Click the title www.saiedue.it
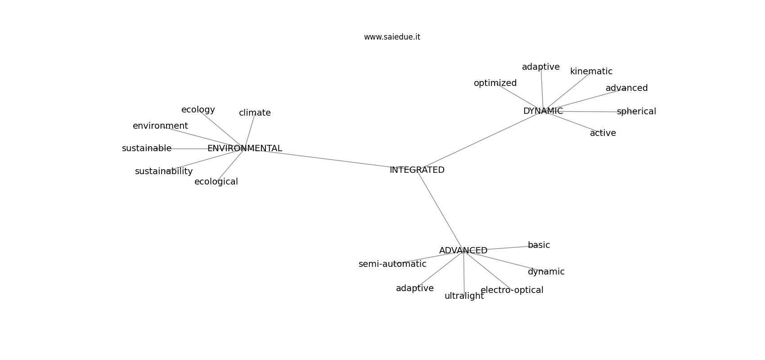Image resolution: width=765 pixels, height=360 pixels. tap(392, 37)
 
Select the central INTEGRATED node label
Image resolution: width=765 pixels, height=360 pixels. tap(417, 170)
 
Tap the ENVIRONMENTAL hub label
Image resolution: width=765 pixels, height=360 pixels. tap(245, 148)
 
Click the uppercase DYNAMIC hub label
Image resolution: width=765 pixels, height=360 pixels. tap(543, 111)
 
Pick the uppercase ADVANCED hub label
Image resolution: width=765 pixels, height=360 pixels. tap(463, 250)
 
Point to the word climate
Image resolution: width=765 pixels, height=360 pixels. tap(255, 112)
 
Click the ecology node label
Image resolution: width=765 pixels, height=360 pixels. tap(198, 110)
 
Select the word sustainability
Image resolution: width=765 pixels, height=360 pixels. tap(164, 171)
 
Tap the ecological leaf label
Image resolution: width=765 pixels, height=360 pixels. tap(216, 182)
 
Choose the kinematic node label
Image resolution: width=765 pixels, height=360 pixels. tap(591, 72)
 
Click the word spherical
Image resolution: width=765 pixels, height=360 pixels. tap(637, 112)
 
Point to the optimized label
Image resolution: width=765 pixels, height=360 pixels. tap(495, 83)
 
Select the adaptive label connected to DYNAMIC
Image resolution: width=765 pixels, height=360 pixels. tap(540, 67)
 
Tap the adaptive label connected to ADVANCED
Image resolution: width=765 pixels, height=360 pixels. tap(415, 288)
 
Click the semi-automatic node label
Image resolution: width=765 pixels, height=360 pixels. tap(392, 264)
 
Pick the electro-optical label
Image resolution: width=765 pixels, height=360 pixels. tap(512, 290)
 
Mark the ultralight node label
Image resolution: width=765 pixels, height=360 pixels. tap(464, 296)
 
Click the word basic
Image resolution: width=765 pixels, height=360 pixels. tap(539, 245)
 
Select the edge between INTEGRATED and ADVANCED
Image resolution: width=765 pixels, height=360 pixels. tap(440, 210)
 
